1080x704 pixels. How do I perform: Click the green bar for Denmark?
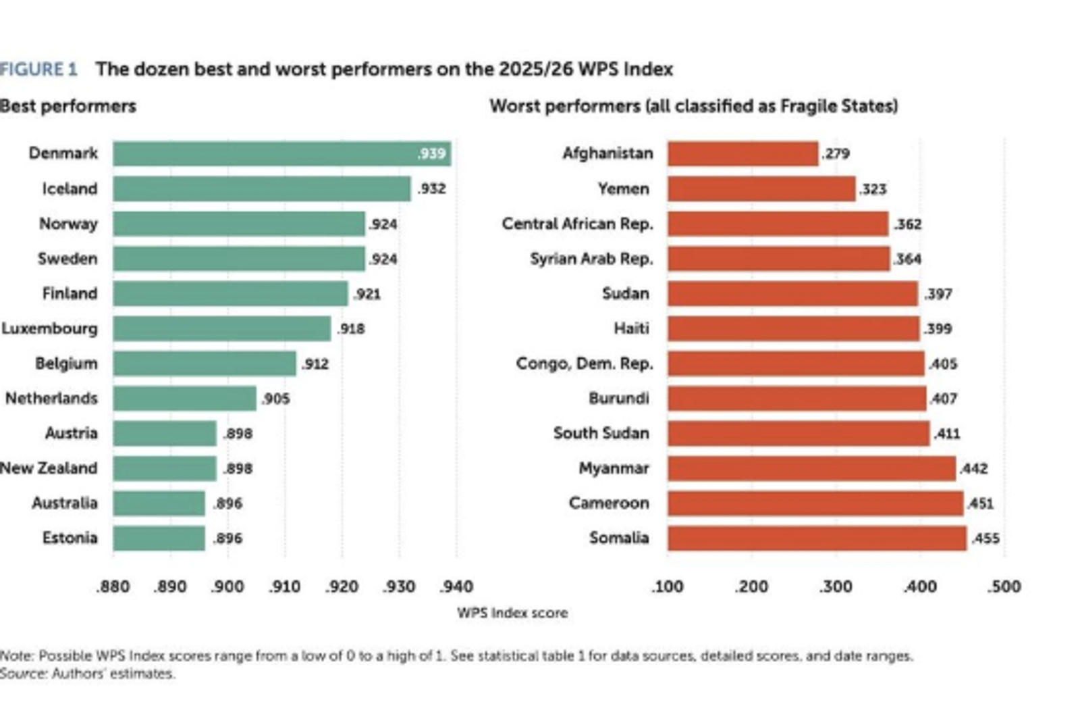click(282, 153)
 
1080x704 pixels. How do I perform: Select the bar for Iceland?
click(262, 188)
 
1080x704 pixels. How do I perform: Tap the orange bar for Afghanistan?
click(743, 153)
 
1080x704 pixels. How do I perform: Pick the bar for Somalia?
click(817, 538)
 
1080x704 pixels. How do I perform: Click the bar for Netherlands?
click(185, 399)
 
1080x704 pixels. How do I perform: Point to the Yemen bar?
click(762, 188)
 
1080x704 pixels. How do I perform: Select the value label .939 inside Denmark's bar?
click(431, 153)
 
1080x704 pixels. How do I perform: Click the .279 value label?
click(836, 153)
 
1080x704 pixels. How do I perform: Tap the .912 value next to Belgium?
click(315, 363)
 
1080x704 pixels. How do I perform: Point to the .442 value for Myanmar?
click(973, 468)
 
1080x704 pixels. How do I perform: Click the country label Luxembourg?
click(50, 329)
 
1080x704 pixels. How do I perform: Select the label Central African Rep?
click(578, 224)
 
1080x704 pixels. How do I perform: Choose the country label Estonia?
click(70, 538)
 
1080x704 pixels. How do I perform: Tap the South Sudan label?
click(601, 433)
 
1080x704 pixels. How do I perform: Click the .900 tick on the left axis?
click(227, 586)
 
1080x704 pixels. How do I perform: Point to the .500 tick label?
click(1004, 586)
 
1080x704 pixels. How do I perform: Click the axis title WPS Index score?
click(512, 613)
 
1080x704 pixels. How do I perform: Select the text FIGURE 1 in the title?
click(38, 70)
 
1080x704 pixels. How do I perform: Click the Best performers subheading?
click(68, 106)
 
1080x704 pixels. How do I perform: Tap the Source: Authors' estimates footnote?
click(87, 674)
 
